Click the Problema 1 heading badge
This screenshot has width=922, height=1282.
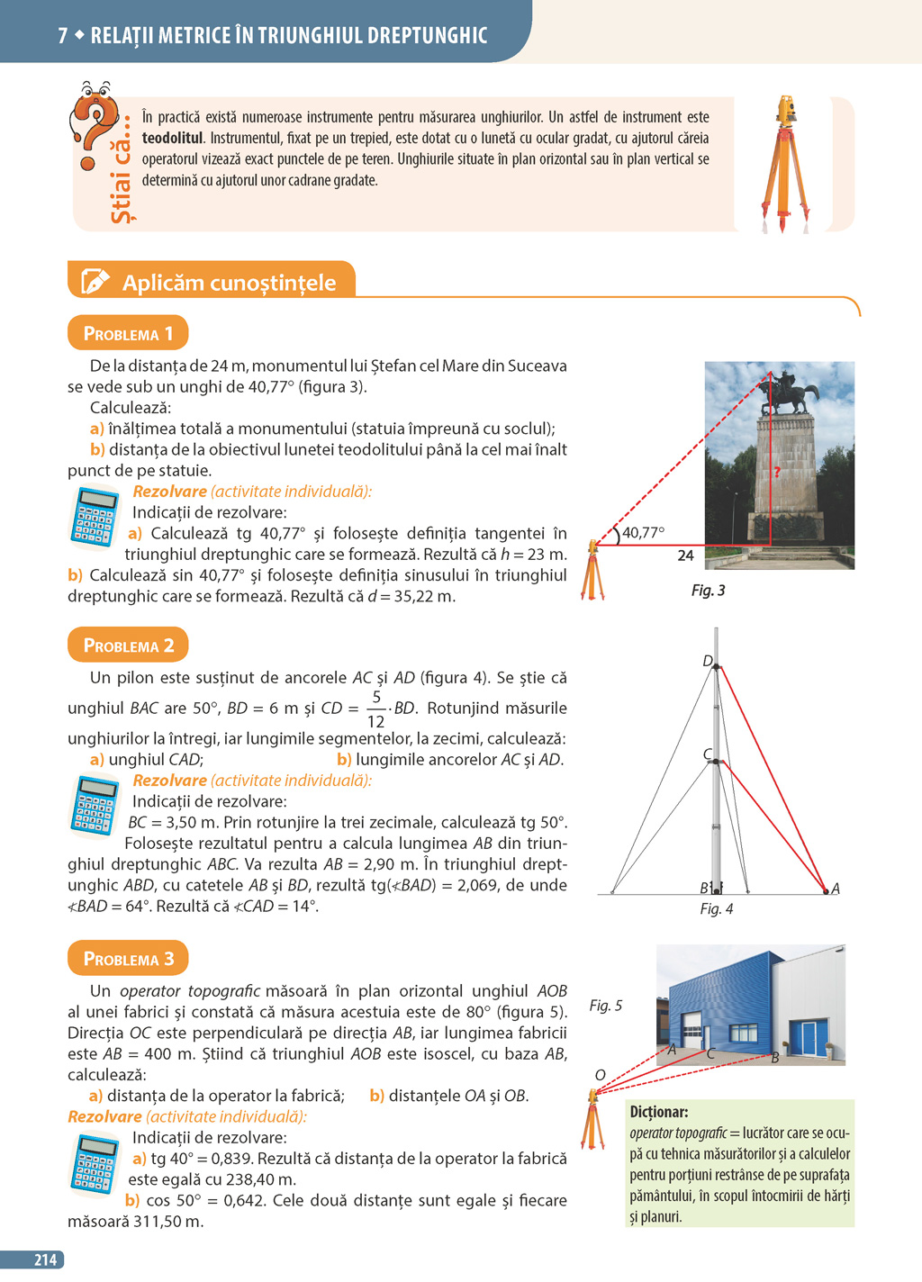128,333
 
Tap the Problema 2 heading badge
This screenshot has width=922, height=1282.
128,645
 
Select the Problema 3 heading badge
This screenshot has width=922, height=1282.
128,959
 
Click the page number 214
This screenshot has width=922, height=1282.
45,1259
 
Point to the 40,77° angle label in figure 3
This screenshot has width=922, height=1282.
643,532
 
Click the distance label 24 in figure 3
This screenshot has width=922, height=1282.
685,555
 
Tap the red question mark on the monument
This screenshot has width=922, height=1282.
776,472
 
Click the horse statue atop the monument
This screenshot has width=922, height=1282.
786,394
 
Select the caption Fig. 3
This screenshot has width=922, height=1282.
708,590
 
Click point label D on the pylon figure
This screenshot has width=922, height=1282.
708,661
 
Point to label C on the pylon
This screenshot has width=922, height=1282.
708,754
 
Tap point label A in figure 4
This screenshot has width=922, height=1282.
835,889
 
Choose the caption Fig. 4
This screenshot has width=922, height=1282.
717,908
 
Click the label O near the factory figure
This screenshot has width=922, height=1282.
600,1075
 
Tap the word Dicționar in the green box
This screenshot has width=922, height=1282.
659,1112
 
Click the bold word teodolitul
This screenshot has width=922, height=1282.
173,138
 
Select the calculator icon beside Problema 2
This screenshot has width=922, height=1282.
94,806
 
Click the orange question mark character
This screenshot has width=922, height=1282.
94,126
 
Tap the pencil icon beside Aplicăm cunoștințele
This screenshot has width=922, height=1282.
95,281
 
